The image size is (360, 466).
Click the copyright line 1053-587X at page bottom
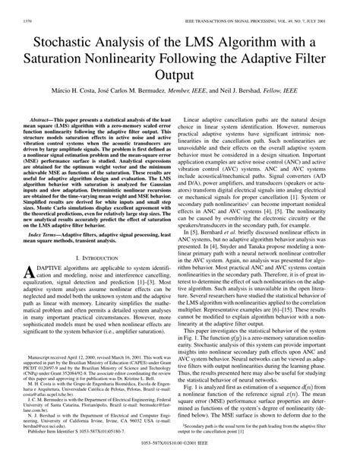pyautogui.click(x=180, y=461)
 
